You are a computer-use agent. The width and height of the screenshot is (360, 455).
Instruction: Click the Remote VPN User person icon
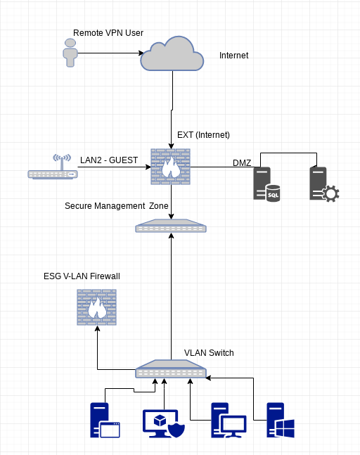click(x=70, y=53)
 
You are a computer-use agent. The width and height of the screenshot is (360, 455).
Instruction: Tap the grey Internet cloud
click(x=172, y=54)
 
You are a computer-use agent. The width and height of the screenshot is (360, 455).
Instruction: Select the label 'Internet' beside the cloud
click(x=234, y=56)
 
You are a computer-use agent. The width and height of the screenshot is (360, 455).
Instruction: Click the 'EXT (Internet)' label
click(x=203, y=135)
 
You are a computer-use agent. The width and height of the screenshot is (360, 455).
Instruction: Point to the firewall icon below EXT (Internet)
click(x=171, y=167)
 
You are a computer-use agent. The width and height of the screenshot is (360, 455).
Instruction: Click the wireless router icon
click(x=53, y=167)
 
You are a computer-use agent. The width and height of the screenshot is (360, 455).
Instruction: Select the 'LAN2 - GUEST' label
click(x=109, y=160)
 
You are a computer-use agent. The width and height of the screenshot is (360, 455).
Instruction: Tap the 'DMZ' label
click(x=242, y=163)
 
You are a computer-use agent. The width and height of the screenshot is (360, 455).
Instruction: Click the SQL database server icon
click(x=266, y=184)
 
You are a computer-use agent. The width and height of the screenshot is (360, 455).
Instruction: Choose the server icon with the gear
click(x=324, y=184)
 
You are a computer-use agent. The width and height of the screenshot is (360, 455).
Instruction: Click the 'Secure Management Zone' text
click(x=116, y=206)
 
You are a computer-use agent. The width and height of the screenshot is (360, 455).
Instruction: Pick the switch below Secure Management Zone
click(x=171, y=226)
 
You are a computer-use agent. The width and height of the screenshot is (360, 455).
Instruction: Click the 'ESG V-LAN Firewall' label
click(x=82, y=276)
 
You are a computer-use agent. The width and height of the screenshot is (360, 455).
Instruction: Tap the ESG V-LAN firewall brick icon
click(x=96, y=307)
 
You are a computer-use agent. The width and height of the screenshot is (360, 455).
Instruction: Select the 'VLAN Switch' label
click(x=209, y=353)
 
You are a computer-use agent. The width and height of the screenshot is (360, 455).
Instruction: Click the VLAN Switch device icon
click(x=171, y=369)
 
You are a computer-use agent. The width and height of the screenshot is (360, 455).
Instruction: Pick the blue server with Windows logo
click(x=281, y=420)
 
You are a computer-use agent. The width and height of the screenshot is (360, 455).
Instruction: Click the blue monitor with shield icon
click(x=164, y=423)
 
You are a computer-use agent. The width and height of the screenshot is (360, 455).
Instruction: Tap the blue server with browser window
click(x=105, y=420)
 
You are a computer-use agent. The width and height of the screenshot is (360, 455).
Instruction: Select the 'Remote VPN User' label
click(x=108, y=33)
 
